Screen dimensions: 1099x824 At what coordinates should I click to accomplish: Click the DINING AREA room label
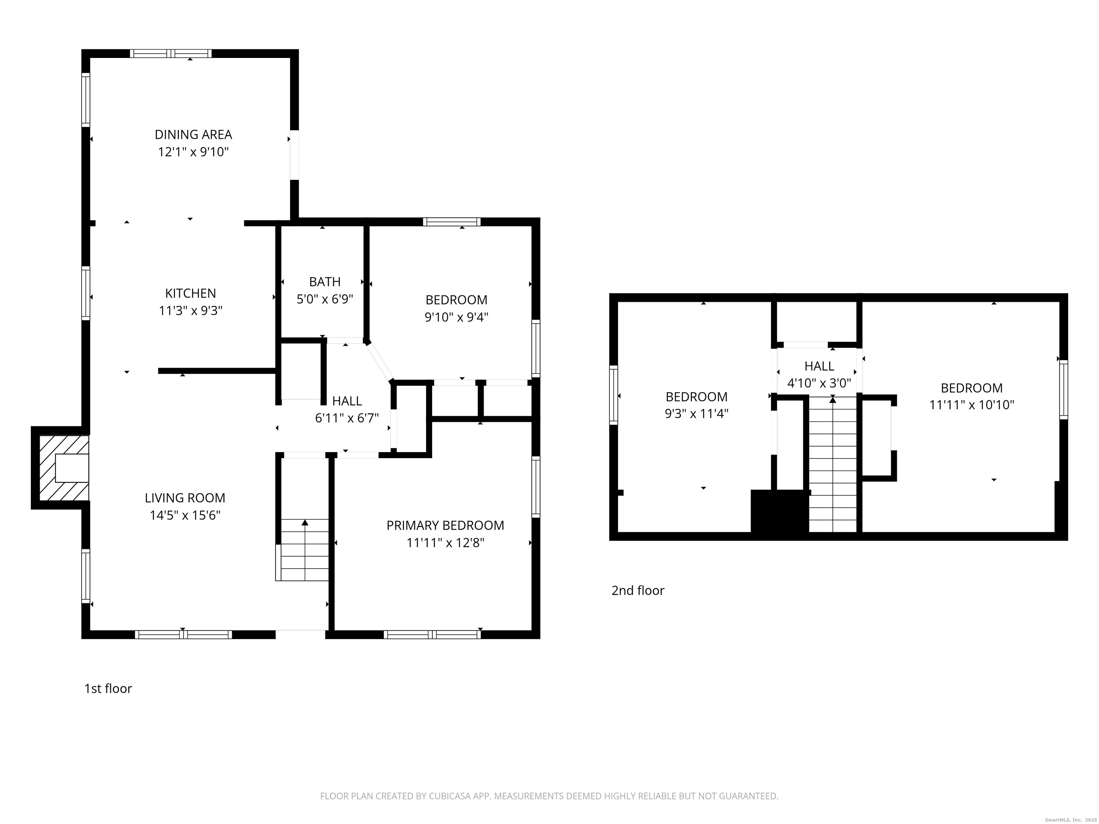click(x=193, y=134)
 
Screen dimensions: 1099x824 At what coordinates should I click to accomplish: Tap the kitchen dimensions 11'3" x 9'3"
click(x=190, y=311)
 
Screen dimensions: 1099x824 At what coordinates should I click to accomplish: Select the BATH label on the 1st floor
click(x=325, y=281)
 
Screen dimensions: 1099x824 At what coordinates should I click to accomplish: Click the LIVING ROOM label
click(x=185, y=498)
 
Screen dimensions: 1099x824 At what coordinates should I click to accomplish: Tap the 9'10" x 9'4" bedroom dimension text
click(x=456, y=317)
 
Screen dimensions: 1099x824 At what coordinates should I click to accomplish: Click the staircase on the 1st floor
click(x=303, y=549)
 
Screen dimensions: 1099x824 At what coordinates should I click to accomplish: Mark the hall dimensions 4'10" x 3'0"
click(x=819, y=383)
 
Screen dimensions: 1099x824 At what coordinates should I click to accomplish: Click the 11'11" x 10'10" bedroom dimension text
click(x=971, y=405)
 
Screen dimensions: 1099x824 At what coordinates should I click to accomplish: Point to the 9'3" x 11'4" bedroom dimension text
click(x=697, y=414)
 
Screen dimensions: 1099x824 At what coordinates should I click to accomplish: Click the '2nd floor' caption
click(x=638, y=590)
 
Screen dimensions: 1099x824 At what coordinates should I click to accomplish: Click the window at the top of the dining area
click(x=171, y=54)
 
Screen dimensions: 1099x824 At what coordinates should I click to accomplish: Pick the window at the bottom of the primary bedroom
click(x=432, y=634)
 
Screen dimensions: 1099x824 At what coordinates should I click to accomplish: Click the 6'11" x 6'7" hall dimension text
click(x=347, y=418)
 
